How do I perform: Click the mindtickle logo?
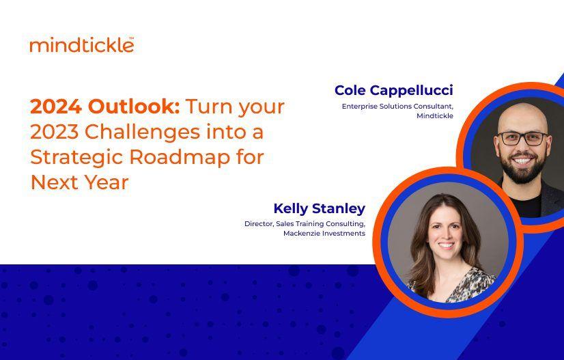81,46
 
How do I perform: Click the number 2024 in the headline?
55,107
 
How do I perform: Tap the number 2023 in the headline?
55,133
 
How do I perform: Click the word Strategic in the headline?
74,157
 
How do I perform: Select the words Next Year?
79,182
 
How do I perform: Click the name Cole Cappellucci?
393,90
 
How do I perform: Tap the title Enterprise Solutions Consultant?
397,106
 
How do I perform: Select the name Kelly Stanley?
319,208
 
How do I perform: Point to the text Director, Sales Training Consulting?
305,223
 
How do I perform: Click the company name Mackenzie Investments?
324,233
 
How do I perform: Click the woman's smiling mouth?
446,245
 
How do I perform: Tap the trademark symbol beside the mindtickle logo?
131,39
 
